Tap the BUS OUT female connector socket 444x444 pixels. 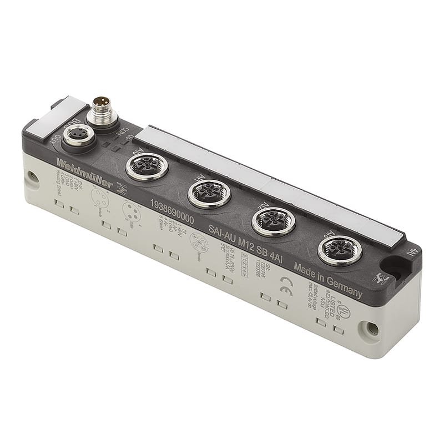click(78, 137)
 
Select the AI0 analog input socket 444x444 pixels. click(147, 166)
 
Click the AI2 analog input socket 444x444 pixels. click(273, 221)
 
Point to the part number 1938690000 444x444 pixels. click(172, 212)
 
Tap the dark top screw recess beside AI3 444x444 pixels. click(397, 268)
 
